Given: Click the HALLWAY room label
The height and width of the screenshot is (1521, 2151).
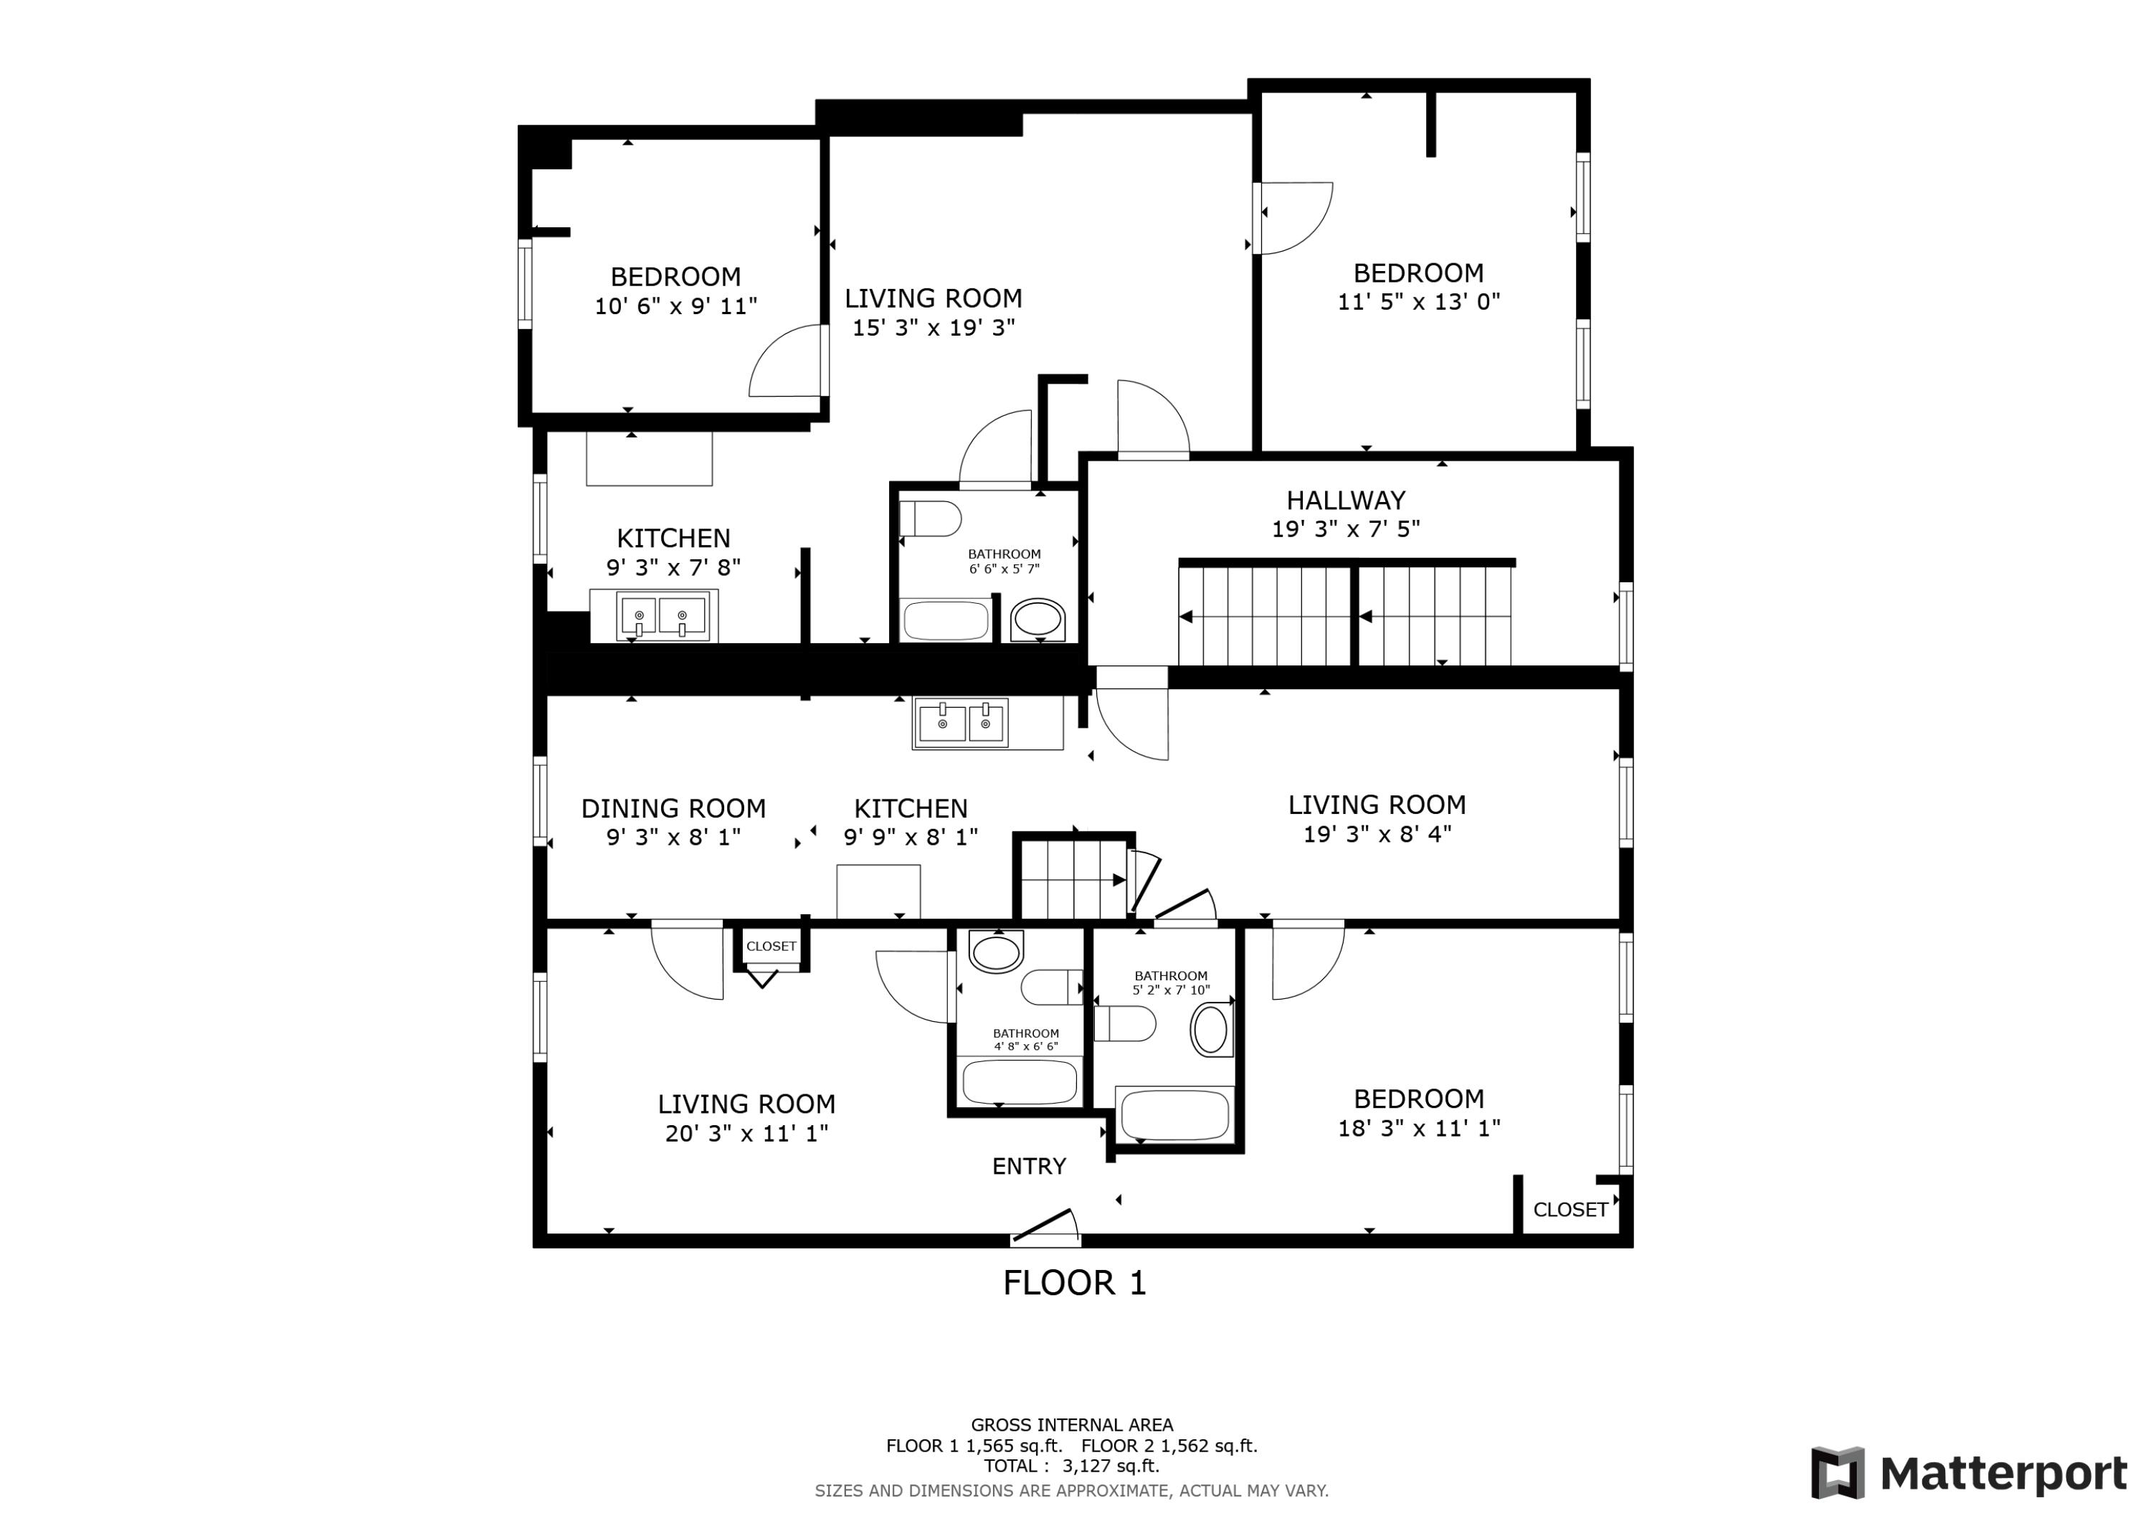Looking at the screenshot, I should (1345, 501).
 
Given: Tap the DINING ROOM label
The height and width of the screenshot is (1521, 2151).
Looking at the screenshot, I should (673, 807).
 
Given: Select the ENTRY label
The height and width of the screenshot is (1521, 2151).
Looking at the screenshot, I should (1029, 1166).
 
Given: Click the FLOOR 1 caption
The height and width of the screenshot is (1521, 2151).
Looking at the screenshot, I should (1075, 1283).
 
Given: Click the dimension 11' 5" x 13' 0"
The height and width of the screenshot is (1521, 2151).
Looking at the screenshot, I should (1418, 302).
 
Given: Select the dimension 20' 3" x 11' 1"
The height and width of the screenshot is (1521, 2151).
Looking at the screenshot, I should (746, 1133).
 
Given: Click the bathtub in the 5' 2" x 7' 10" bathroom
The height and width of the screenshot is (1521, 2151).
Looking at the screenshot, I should (1174, 1115).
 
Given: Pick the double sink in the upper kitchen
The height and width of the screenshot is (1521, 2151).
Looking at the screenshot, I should (660, 617).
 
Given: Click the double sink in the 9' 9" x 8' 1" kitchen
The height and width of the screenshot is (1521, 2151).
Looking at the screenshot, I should (961, 723).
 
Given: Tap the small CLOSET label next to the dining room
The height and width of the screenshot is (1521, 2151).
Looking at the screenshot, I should (771, 947).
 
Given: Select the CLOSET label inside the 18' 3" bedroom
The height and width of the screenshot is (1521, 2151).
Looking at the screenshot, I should (1570, 1210).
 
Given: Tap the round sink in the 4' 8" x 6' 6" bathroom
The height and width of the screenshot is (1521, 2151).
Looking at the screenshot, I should (996, 953).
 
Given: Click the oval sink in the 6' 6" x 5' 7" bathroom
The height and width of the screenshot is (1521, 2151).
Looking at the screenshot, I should (1038, 620).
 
